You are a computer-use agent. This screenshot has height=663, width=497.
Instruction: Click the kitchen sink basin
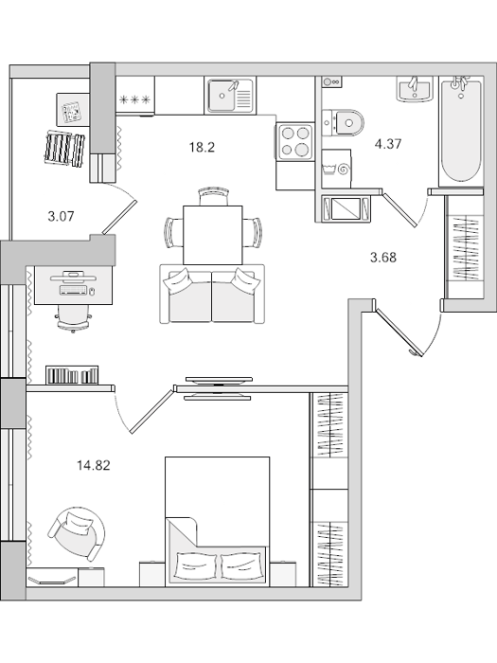[222, 96]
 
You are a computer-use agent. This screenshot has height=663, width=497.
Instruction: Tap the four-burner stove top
[295, 141]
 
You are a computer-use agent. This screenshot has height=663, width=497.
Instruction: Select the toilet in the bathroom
[343, 122]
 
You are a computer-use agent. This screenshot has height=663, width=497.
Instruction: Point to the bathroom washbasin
[415, 90]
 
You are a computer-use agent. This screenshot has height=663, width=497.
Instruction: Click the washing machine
[336, 169]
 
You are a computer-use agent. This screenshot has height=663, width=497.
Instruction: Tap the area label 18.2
[202, 148]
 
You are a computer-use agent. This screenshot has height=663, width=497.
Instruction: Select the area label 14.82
[94, 466]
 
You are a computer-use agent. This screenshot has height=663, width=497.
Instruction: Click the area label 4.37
[387, 144]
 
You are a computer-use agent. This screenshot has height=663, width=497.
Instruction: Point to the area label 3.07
[61, 217]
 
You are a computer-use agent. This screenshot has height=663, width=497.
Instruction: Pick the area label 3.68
[383, 257]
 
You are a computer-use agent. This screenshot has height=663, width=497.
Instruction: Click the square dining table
[213, 235]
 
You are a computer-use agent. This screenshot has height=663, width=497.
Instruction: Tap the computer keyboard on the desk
[74, 291]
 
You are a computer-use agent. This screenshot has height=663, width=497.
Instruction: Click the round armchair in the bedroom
[77, 532]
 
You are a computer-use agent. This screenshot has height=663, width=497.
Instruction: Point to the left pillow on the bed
[196, 564]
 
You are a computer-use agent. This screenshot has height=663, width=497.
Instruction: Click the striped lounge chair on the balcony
[64, 148]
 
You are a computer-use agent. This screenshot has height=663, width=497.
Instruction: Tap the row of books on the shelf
[72, 375]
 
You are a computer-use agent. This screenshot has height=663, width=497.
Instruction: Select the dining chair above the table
[214, 196]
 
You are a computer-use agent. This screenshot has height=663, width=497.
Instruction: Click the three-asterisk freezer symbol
[134, 100]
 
